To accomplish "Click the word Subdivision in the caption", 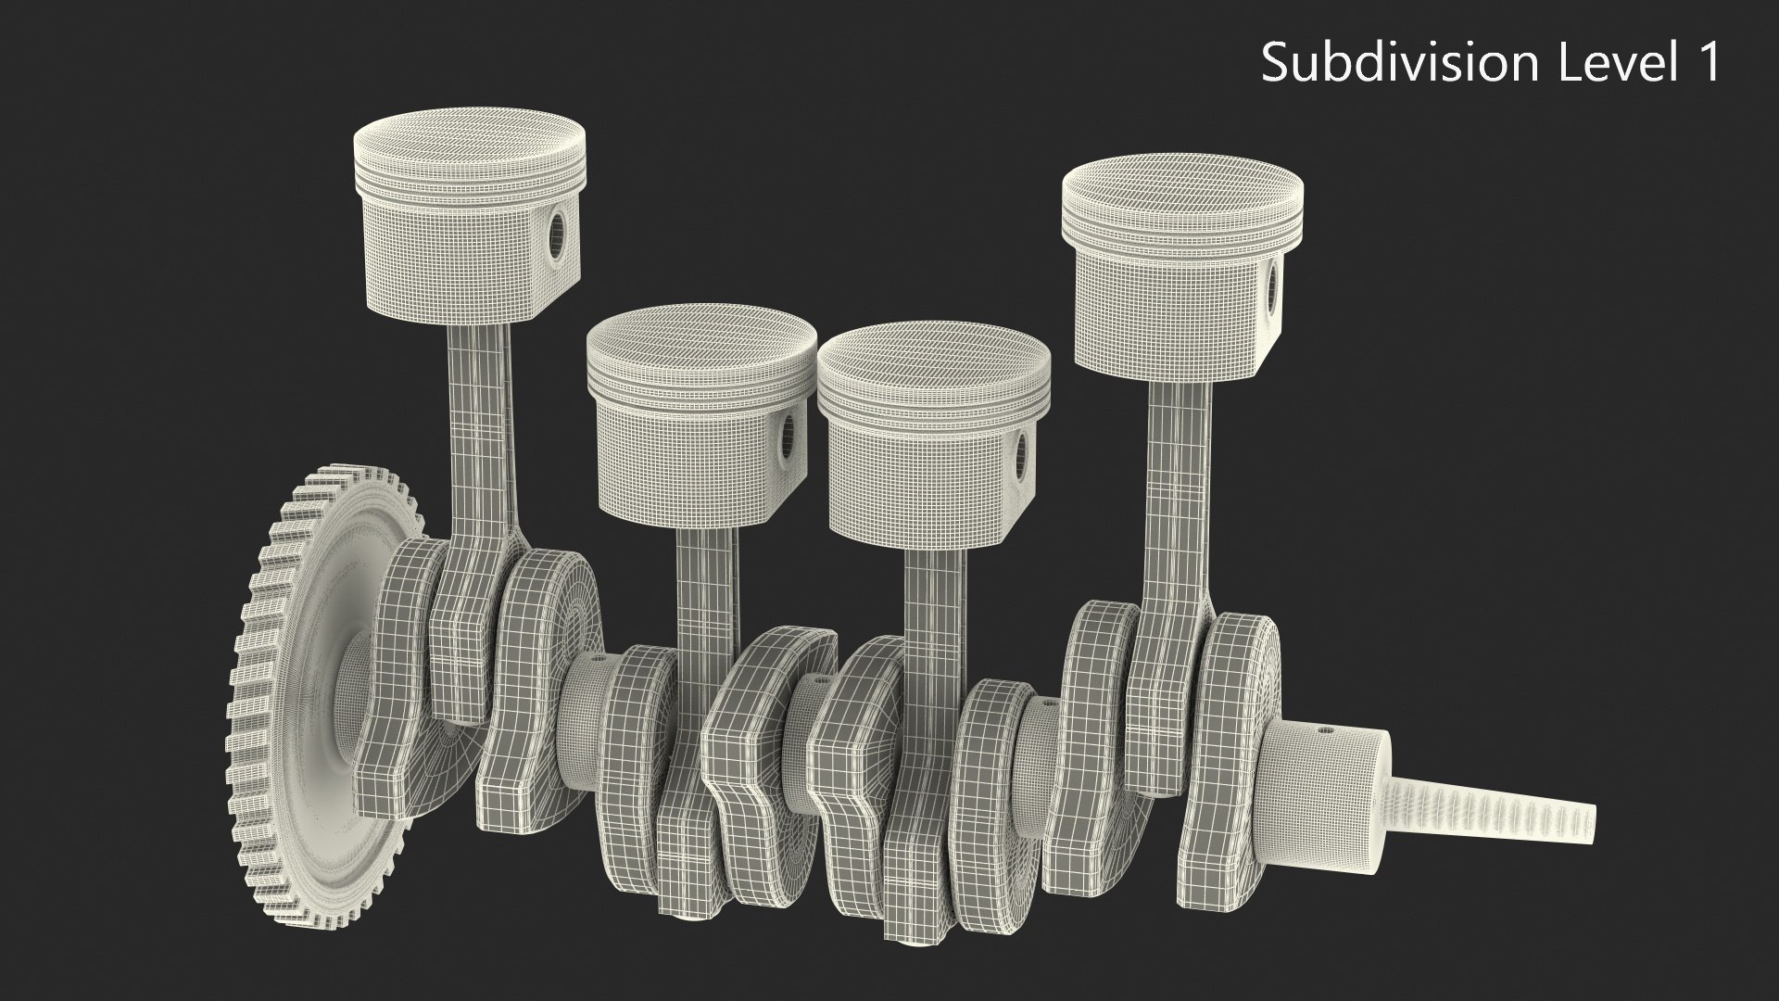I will tap(1396, 63).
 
